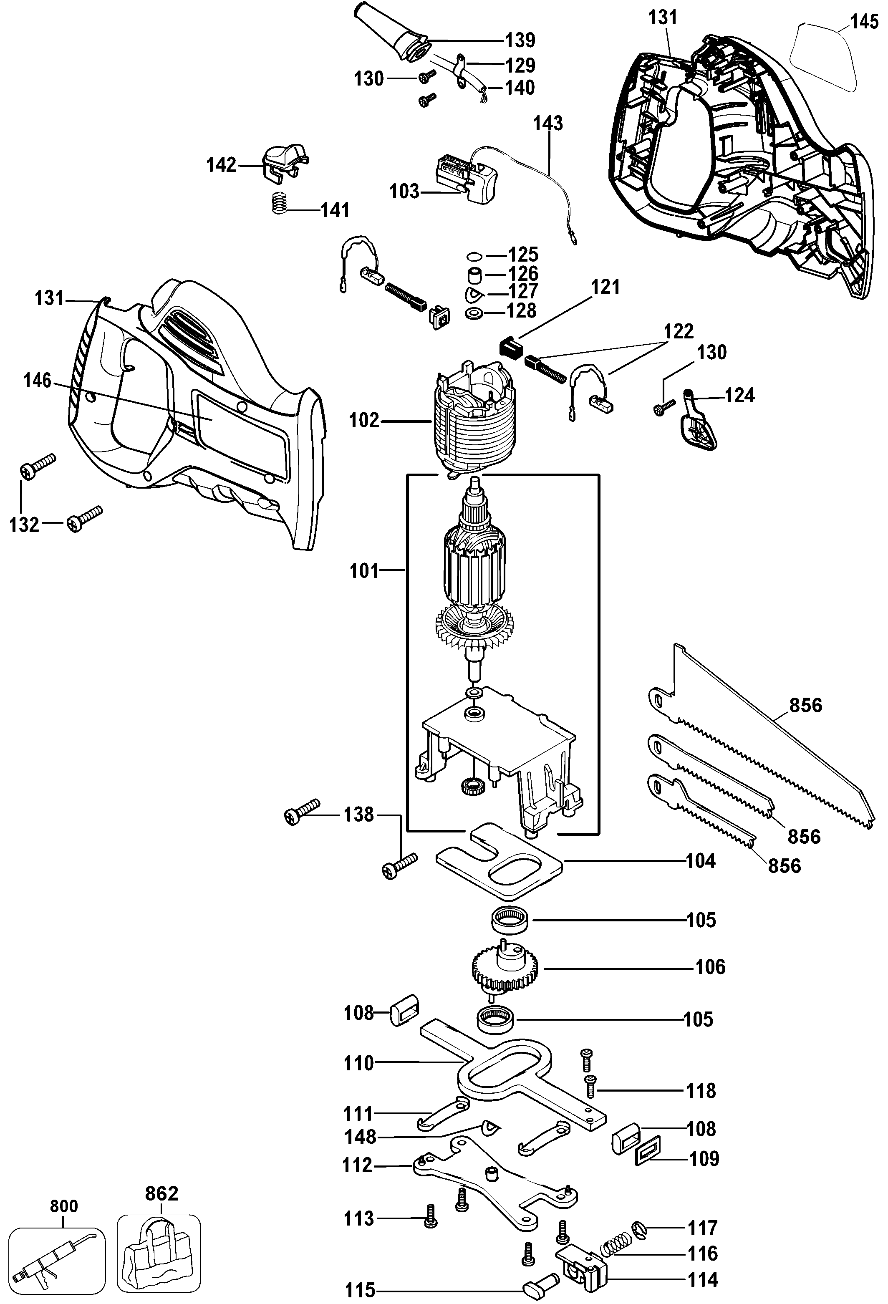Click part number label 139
pos(520,40)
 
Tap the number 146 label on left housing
pos(37,381)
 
